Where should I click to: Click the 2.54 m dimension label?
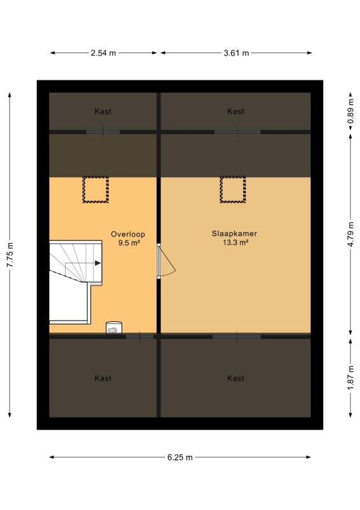point(103,53)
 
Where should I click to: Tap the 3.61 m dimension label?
point(236,53)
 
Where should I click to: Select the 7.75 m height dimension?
point(10,255)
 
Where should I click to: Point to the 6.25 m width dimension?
point(180,457)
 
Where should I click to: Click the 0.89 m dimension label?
point(350,111)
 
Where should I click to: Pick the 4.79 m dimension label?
point(350,234)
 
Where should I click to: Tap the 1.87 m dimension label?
point(350,378)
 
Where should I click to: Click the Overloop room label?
point(128,234)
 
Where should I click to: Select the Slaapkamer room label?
point(234,233)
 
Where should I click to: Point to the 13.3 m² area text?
point(236,242)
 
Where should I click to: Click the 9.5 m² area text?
point(129,243)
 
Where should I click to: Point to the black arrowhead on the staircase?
point(98,263)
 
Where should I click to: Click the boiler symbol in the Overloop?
point(114,328)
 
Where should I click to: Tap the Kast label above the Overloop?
point(103,112)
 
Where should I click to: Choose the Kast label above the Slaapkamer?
point(236,112)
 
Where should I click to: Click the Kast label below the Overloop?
point(103,378)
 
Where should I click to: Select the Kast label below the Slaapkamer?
point(236,378)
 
